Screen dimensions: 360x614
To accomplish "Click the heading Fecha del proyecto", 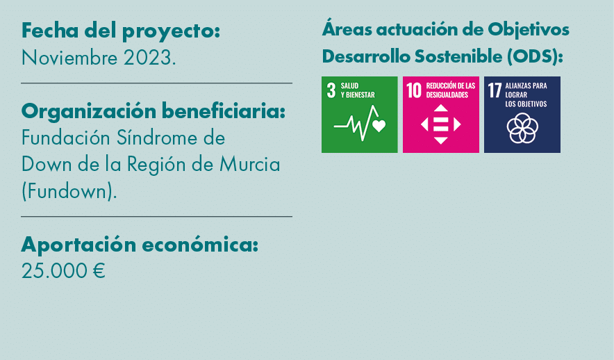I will coord(121,31).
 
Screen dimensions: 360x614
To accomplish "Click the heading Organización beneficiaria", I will coord(153,111).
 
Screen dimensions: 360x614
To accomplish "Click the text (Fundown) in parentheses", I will coord(69,191).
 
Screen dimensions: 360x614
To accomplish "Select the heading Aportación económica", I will coord(140,245).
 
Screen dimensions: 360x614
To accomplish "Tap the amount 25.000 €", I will coord(63,271).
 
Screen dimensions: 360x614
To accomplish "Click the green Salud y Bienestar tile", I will coord(359,115).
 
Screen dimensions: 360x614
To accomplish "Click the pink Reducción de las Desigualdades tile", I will coord(440,115).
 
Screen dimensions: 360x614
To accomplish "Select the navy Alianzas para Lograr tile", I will coord(522,115).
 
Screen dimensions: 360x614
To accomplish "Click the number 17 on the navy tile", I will coord(495,90).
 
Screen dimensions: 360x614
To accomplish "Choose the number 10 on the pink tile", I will coord(414,90).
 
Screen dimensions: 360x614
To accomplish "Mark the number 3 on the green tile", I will coord(331,90).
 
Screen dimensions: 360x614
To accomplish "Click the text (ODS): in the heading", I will coord(536,56).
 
